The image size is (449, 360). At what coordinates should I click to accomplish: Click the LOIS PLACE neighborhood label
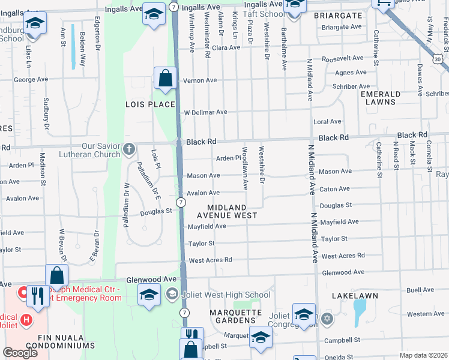149,104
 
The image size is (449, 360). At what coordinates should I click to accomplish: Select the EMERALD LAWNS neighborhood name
381,98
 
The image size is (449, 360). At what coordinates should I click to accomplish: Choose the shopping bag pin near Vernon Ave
164,78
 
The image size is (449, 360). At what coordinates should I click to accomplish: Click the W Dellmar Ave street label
205,112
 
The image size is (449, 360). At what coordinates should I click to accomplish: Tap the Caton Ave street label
335,189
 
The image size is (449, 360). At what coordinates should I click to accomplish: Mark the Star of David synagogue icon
327,317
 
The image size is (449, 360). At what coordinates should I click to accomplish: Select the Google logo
20,353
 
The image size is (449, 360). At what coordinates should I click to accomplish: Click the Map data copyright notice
423,356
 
